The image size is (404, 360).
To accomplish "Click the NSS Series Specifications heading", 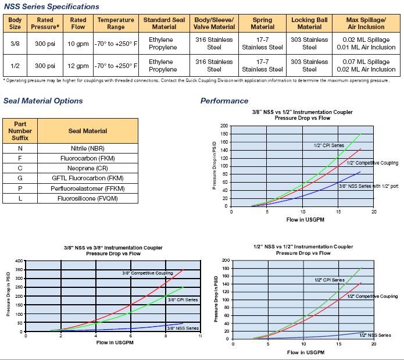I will [51, 6].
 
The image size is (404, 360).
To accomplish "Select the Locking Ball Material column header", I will [309, 23].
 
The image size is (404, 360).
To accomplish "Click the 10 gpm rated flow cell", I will [78, 44].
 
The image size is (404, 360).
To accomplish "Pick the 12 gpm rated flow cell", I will [78, 66].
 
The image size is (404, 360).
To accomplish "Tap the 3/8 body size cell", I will [15, 44].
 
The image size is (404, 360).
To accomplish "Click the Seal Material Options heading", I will [43, 101].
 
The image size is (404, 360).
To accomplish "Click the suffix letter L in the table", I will [20, 198].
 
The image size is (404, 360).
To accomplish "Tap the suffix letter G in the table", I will [20, 178].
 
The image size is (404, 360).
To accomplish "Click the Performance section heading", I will [224, 101].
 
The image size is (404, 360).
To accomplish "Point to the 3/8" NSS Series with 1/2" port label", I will [368, 186].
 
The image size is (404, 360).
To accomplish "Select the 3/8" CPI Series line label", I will [183, 300].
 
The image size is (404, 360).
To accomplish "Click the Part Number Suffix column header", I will [20, 131].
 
